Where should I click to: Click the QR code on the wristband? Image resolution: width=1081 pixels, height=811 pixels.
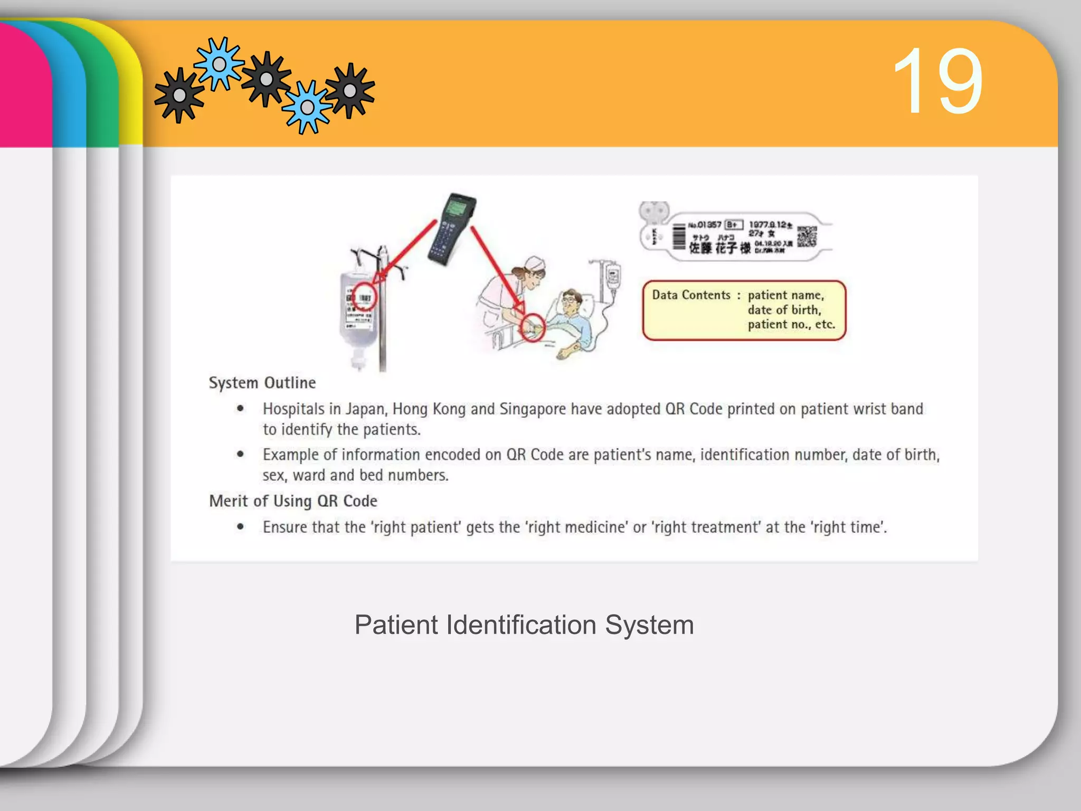[x=807, y=237]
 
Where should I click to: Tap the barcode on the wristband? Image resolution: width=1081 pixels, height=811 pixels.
[x=679, y=237]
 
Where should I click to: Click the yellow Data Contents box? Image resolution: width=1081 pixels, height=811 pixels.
[x=744, y=310]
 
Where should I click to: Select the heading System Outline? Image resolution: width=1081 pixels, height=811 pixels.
[x=262, y=383]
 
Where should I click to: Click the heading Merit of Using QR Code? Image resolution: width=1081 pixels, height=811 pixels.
[x=293, y=501]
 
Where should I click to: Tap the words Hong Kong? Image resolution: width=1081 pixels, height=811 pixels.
[x=429, y=409]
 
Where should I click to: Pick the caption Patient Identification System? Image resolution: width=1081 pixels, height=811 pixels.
[x=524, y=625]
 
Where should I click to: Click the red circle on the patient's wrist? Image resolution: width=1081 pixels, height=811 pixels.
[x=533, y=327]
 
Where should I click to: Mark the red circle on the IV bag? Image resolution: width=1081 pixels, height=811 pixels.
[x=364, y=296]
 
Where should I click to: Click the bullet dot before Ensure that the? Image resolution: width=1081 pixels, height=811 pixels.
[x=241, y=526]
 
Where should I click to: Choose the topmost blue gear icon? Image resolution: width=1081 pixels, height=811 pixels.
[x=219, y=64]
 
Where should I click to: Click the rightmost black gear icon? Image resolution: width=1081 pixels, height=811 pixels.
[x=350, y=91]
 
